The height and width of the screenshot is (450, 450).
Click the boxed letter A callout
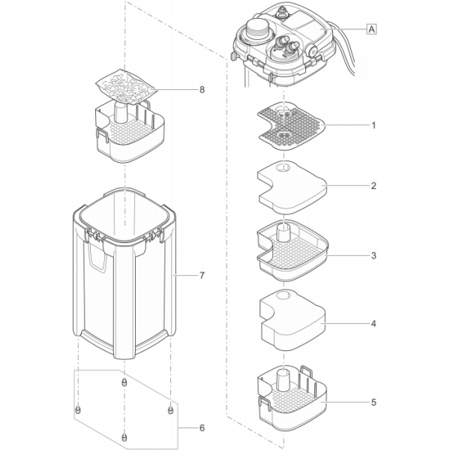370,29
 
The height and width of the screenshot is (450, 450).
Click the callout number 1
373,126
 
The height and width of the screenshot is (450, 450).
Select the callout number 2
373,185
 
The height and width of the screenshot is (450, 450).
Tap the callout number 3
373,256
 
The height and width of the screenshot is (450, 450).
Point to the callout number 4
373,325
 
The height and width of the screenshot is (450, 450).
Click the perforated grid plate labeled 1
288,124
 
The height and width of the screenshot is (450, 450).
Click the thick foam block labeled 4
288,322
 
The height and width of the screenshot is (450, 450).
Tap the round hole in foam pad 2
280,169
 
